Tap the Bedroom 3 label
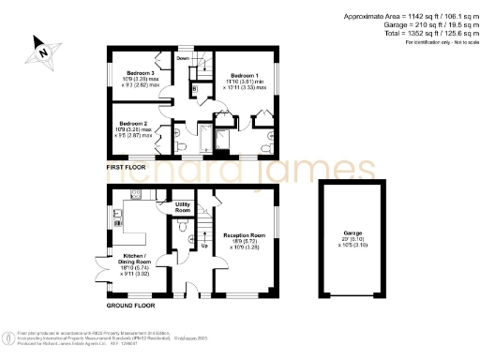point(140,72)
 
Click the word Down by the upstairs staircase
point(183,58)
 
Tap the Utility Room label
point(183,207)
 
